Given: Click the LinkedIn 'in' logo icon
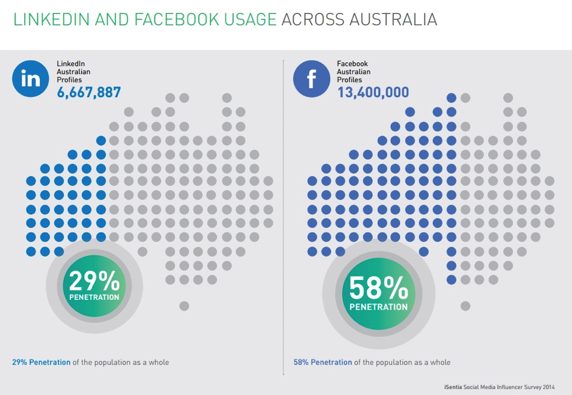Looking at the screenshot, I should tap(30, 79).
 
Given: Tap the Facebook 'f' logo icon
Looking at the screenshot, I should tap(311, 79).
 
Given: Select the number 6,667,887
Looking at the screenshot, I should tap(89, 92).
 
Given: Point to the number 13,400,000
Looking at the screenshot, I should tap(373, 92).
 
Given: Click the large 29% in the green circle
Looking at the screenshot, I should tap(94, 282).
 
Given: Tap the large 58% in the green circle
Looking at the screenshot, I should tap(378, 289).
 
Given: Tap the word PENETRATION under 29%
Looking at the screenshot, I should tap(94, 297).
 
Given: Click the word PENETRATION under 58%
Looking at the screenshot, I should tap(378, 306).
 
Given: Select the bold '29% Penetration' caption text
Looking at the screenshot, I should tap(41, 362).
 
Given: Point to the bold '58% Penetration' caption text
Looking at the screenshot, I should tap(323, 362).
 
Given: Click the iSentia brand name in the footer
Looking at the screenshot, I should tap(455, 387).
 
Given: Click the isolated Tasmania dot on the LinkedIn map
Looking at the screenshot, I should tap(184, 305).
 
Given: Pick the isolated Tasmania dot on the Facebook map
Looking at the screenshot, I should tap(465, 305).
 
